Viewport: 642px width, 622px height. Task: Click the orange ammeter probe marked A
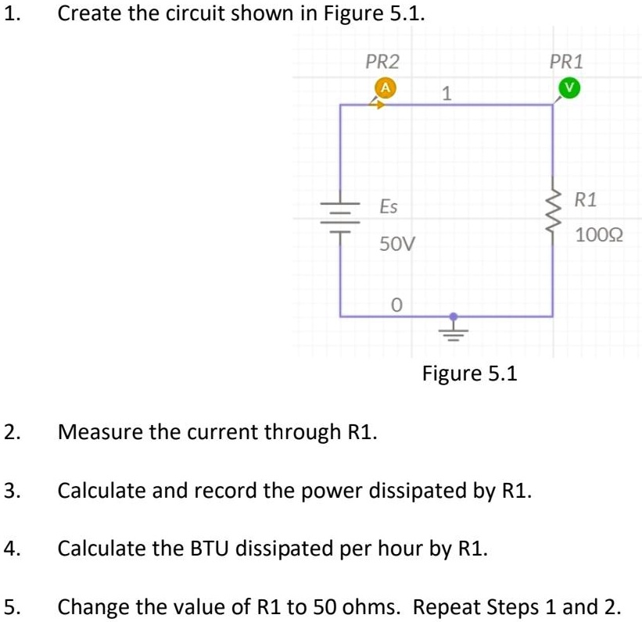tap(384, 88)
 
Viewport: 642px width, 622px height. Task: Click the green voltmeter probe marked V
tap(570, 88)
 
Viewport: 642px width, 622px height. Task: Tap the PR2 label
tap(383, 61)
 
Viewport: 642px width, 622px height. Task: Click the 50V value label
tap(396, 244)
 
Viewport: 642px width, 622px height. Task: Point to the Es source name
tap(388, 207)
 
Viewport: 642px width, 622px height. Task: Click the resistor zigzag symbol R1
tap(553, 211)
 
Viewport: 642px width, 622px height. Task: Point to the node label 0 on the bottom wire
tap(396, 303)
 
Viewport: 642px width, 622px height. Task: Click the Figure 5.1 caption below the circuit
tap(469, 373)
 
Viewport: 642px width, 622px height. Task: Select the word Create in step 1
tap(89, 14)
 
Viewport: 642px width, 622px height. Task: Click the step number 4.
tap(10, 547)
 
